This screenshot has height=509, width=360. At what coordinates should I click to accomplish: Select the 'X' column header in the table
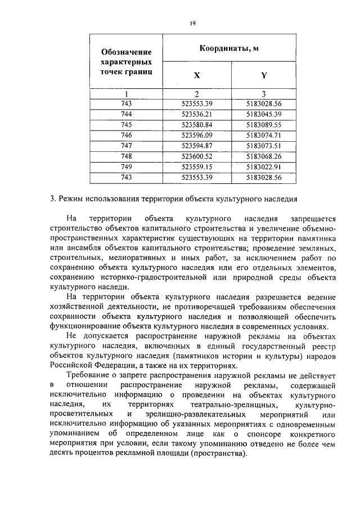[x=196, y=75]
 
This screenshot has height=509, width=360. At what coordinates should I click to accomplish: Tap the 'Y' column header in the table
[x=263, y=75]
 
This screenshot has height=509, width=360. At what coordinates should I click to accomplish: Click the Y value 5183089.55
[x=263, y=124]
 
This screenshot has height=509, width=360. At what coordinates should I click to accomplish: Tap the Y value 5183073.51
[x=263, y=145]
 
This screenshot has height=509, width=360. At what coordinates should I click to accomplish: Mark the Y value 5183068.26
[x=263, y=156]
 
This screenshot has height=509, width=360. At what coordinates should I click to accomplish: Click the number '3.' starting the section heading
[x=52, y=199]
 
